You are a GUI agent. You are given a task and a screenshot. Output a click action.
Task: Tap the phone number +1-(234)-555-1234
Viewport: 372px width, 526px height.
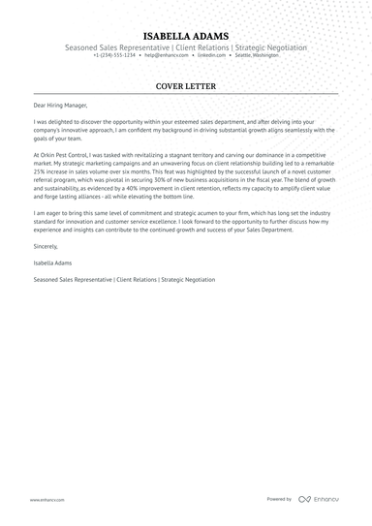click(114, 55)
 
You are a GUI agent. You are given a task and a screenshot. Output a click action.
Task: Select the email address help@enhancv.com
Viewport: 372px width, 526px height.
click(169, 55)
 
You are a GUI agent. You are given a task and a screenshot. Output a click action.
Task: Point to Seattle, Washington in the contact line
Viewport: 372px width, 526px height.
click(256, 55)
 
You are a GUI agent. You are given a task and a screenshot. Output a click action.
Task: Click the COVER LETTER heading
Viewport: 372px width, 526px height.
click(185, 86)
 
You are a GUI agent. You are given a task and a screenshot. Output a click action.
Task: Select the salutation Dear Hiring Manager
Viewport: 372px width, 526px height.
click(61, 105)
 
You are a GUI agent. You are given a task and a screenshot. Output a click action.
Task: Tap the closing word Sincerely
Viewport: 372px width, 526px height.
click(46, 249)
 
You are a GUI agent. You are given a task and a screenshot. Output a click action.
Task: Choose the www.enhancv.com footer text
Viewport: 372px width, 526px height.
click(46, 500)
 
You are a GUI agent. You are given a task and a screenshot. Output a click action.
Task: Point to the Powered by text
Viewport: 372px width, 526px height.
click(279, 500)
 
